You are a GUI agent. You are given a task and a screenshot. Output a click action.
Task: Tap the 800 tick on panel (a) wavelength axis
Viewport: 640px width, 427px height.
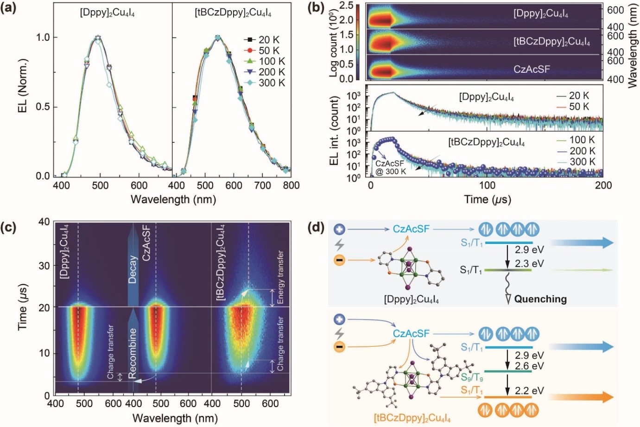point(291,185)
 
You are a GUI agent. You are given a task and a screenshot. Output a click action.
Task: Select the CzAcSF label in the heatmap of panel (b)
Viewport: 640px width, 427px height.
point(532,70)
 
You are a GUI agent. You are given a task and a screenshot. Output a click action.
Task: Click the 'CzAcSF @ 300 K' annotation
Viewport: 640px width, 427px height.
point(390,167)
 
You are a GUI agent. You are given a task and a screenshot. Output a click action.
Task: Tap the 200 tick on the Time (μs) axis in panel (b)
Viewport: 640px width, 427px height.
point(603,185)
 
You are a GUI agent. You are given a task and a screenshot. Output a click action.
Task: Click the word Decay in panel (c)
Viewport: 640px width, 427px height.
point(133,269)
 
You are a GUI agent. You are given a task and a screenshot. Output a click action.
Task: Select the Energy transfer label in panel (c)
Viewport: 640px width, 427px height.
point(280,277)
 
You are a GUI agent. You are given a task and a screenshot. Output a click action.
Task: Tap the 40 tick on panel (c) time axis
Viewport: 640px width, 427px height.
point(44,222)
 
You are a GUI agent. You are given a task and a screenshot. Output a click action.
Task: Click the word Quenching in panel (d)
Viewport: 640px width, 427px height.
point(540,299)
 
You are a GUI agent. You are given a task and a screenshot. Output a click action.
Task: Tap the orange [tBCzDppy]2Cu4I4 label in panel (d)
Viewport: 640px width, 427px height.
point(412,419)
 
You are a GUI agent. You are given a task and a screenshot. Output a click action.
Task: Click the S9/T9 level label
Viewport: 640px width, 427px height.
point(471,376)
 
